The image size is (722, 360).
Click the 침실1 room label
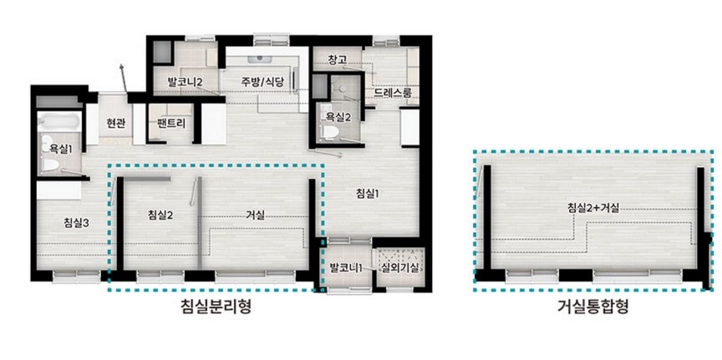click(x=368, y=194)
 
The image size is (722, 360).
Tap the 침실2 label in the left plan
click(x=160, y=215)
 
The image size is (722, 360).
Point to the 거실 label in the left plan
click(x=255, y=215)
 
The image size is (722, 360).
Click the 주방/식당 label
click(x=262, y=83)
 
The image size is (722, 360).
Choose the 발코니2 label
click(x=186, y=83)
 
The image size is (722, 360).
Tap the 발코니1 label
click(x=347, y=267)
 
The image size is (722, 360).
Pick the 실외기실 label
click(x=399, y=267)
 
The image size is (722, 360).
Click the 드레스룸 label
click(x=390, y=94)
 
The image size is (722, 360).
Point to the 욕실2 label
click(x=338, y=117)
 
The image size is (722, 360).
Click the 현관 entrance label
click(x=115, y=124)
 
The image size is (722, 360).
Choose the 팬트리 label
click(x=170, y=124)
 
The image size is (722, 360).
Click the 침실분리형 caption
click(x=216, y=306)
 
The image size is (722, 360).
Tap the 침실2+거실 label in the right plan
click(x=592, y=208)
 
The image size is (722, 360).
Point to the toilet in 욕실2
click(x=330, y=132)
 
